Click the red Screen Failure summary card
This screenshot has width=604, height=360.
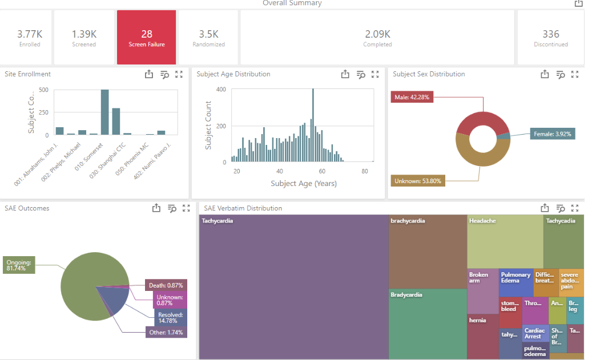[x=147, y=37]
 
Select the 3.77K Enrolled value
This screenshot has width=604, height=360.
[x=30, y=34]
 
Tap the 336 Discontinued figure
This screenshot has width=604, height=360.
[x=550, y=34]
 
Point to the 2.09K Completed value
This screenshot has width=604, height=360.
[x=377, y=34]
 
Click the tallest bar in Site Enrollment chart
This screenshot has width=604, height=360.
[x=105, y=112]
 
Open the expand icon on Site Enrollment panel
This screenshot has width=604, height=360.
[x=179, y=74]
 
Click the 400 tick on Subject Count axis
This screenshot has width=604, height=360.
[x=220, y=90]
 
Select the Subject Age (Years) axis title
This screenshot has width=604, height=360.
[x=303, y=184]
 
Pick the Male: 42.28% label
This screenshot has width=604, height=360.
[x=411, y=97]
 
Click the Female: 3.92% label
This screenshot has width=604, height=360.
[x=551, y=134]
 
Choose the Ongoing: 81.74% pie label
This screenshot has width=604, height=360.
[x=19, y=265]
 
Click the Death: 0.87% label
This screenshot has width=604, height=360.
[x=164, y=285]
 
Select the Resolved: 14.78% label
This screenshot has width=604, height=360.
[x=170, y=318]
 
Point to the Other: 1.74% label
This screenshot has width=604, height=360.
[x=166, y=332]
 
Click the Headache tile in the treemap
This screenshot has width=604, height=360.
[x=505, y=241]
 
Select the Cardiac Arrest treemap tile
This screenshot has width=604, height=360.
[x=535, y=333]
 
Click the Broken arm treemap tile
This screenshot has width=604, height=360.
[x=482, y=291]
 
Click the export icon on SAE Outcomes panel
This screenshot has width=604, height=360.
[x=156, y=208]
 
